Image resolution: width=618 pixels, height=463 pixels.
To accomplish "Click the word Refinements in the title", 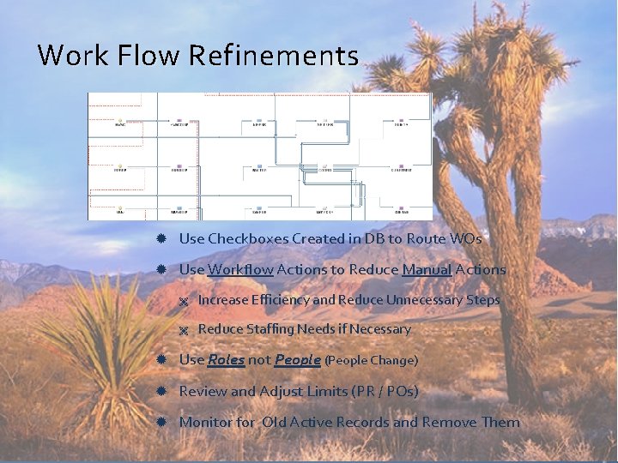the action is click(x=272, y=56).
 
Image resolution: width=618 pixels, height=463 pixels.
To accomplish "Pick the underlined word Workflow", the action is click(x=240, y=269).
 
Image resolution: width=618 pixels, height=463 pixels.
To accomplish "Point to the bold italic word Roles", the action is click(x=226, y=360).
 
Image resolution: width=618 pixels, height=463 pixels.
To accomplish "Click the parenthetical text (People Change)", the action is click(x=371, y=361).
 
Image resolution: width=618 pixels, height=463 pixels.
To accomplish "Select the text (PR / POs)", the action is click(x=385, y=391).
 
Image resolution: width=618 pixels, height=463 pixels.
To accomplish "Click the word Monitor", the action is click(x=206, y=422).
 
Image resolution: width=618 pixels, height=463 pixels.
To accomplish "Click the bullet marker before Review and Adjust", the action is click(x=161, y=391).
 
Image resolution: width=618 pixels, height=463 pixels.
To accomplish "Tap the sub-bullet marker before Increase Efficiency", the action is click(x=183, y=301).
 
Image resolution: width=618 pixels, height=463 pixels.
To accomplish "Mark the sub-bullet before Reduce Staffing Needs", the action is click(x=183, y=330).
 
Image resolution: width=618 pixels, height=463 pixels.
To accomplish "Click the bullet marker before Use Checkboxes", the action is click(x=161, y=238).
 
